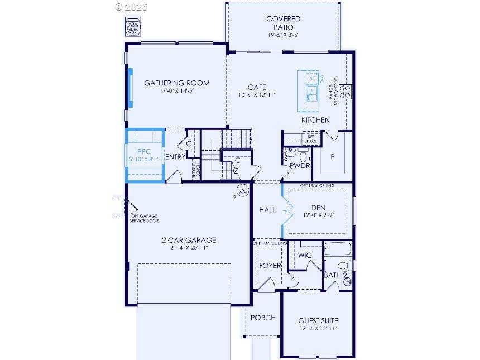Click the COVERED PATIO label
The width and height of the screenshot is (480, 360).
(283, 22)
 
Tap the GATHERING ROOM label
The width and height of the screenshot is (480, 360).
(177, 83)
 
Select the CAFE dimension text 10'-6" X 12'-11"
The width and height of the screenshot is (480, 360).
(257, 95)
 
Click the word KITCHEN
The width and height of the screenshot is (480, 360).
(315, 120)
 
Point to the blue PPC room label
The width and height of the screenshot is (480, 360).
(144, 151)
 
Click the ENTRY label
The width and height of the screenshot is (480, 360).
(175, 157)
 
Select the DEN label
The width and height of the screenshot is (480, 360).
(318, 208)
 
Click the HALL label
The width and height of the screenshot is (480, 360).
(267, 210)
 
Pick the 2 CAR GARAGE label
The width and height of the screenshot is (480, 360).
(189, 240)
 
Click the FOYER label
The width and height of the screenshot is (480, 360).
(270, 266)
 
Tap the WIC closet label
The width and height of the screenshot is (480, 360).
(305, 255)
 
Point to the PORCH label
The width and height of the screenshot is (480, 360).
(262, 318)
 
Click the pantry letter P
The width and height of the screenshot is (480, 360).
(333, 157)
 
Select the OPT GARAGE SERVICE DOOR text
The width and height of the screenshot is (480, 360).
(145, 218)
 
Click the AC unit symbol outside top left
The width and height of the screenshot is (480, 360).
(133, 27)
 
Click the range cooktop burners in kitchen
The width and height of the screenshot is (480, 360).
(346, 92)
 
